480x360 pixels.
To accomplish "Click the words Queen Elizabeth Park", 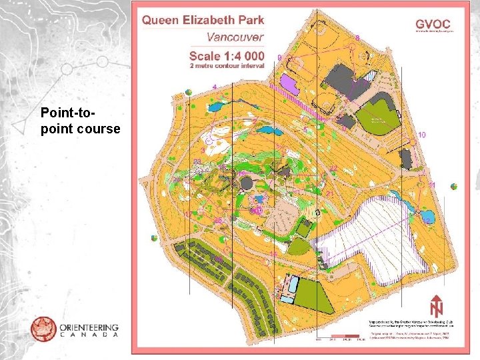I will click(203, 20).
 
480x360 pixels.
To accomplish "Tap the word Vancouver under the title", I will click(235, 37).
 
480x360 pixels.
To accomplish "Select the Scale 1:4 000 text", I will click(227, 55).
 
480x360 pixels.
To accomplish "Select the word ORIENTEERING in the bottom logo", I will click(89, 327).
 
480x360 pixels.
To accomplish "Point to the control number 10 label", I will click(422, 135).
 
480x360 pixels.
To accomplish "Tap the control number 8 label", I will click(358, 37).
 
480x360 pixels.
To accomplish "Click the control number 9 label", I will click(279, 58).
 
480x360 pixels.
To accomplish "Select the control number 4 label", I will click(214, 87).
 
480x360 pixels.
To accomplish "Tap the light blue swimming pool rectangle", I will click(291, 283).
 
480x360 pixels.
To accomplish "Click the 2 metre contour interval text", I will click(227, 66).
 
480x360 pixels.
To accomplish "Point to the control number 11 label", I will click(431, 185).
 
